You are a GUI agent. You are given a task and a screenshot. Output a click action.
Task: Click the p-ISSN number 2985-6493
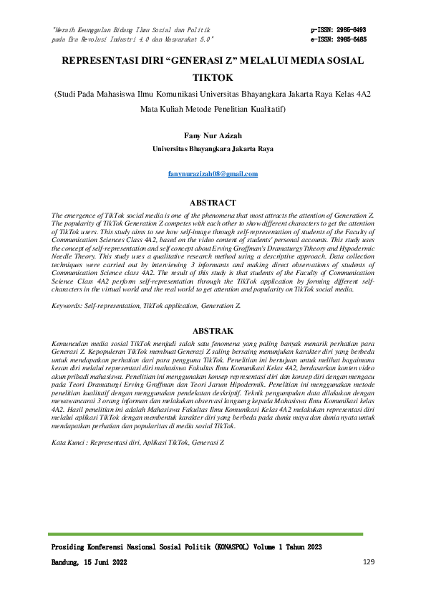(355, 30)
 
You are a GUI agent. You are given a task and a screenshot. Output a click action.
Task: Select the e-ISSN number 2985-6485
(355, 40)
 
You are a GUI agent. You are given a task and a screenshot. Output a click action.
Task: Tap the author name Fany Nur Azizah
(213, 135)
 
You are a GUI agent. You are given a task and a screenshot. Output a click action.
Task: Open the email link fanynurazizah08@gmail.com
(213, 174)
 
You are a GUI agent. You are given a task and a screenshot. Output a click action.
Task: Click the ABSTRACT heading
(213, 203)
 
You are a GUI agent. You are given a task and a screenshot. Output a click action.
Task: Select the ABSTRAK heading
(213, 331)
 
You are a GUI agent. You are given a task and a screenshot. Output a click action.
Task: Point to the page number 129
(369, 562)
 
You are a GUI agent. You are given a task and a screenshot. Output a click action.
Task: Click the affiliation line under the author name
(213, 149)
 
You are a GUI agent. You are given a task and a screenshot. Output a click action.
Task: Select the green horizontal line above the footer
(213, 534)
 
